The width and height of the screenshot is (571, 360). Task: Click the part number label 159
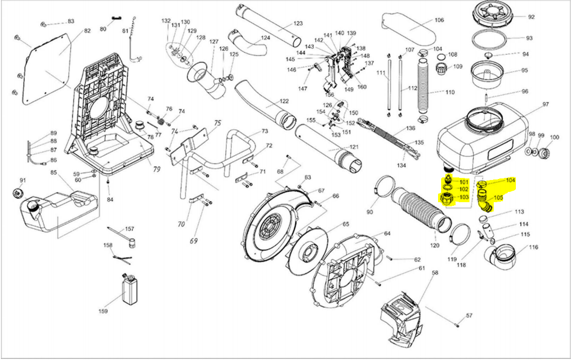click(103, 312)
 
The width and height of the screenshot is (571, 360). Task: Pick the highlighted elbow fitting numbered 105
click(485, 201)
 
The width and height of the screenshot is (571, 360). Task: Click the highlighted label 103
click(463, 198)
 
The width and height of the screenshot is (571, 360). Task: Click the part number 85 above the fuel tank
click(53, 172)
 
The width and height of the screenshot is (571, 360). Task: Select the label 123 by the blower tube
click(298, 24)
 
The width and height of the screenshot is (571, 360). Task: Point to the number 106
click(439, 21)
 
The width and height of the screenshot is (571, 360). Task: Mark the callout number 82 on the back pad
click(87, 31)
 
